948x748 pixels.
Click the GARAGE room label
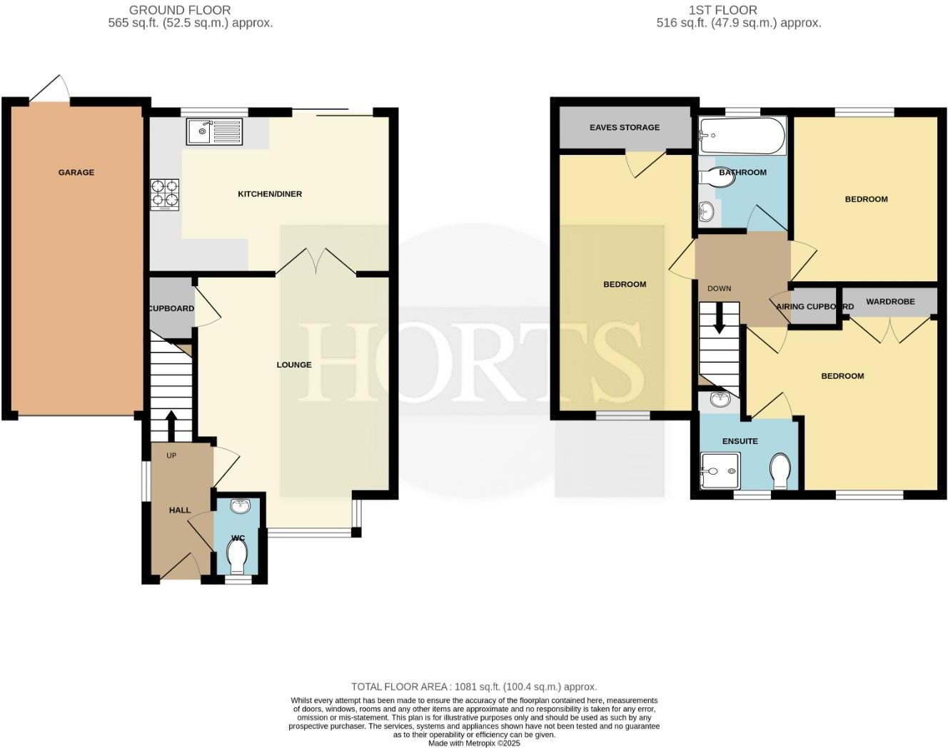click(x=76, y=172)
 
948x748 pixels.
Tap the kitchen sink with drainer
click(x=214, y=131)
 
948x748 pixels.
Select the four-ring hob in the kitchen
click(x=165, y=194)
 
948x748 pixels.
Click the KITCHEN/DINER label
click(x=270, y=193)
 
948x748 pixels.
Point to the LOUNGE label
click(x=294, y=365)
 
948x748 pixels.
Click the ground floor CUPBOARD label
click(x=171, y=308)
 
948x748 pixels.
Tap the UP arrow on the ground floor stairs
click(x=171, y=425)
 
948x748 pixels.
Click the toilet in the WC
click(x=236, y=555)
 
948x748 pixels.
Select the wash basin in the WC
click(x=240, y=506)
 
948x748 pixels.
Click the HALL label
click(x=180, y=510)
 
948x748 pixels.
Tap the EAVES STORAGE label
click(x=625, y=127)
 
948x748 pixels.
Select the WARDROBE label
click(x=890, y=301)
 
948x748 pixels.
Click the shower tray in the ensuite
click(x=720, y=472)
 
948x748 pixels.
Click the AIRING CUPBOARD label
click(x=815, y=306)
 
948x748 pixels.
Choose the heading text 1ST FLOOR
click(x=723, y=10)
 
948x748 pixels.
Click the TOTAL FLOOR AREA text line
click(x=474, y=687)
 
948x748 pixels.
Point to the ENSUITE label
click(x=740, y=441)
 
